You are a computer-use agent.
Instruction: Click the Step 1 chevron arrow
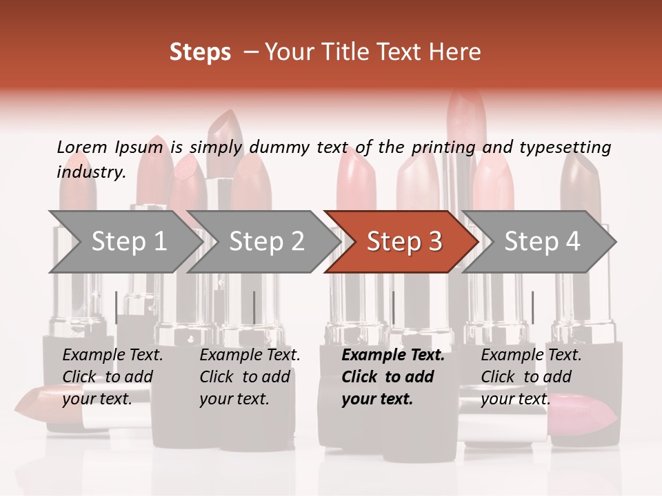point(124,241)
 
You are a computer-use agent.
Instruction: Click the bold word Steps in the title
point(200,52)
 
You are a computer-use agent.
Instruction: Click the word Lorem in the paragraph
point(81,147)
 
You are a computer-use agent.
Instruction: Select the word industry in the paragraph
point(90,172)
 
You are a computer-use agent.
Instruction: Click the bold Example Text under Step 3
point(393,355)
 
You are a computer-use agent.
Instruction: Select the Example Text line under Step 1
point(112,355)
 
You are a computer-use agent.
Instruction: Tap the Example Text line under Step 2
point(250,355)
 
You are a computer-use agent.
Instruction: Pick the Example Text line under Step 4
point(531,355)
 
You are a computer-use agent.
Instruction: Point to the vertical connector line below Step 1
point(117,307)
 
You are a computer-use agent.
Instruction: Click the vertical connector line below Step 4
point(532,307)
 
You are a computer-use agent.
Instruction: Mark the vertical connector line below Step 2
point(254,307)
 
